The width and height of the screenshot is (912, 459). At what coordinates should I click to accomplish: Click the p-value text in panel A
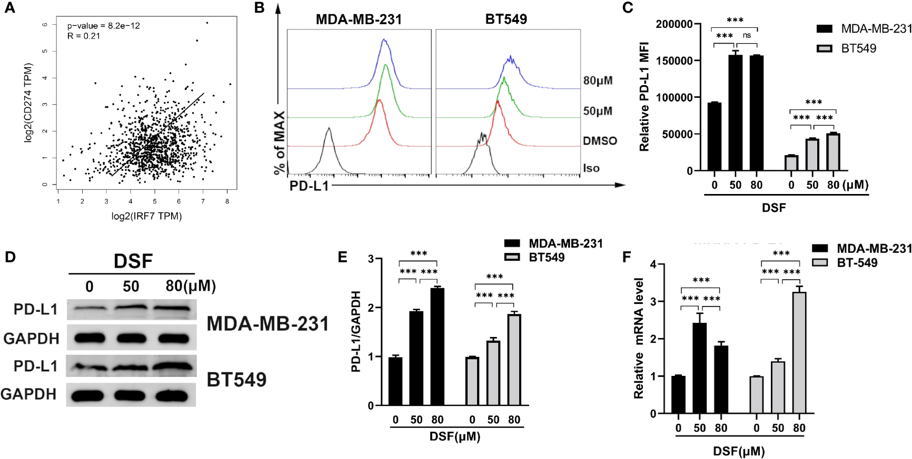coord(103,26)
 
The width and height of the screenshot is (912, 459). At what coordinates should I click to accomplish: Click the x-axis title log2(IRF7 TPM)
coord(146,216)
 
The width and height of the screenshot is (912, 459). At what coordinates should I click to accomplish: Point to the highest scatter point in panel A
coord(207,23)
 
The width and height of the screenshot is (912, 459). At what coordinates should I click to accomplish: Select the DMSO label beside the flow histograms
coord(600,141)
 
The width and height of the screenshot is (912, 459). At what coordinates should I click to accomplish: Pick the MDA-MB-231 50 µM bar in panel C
coord(736,113)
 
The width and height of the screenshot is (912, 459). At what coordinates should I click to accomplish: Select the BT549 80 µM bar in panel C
coord(833,152)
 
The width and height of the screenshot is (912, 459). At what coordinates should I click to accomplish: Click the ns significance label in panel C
coord(747,35)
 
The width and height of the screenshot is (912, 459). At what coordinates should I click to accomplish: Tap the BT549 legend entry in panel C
coord(858,48)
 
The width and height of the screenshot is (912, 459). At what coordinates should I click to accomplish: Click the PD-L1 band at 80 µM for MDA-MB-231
coord(173,309)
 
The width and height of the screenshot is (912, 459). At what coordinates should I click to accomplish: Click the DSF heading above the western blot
coord(133,261)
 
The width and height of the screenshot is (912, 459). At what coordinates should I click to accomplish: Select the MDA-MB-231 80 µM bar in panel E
coord(437,346)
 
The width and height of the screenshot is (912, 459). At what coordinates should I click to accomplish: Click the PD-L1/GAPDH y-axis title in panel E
coord(356,331)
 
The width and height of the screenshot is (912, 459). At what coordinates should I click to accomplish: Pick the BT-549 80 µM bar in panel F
coord(799,352)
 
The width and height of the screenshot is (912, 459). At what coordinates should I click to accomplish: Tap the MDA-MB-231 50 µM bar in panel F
coord(699,368)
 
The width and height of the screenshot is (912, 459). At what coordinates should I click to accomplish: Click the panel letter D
coord(10,257)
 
